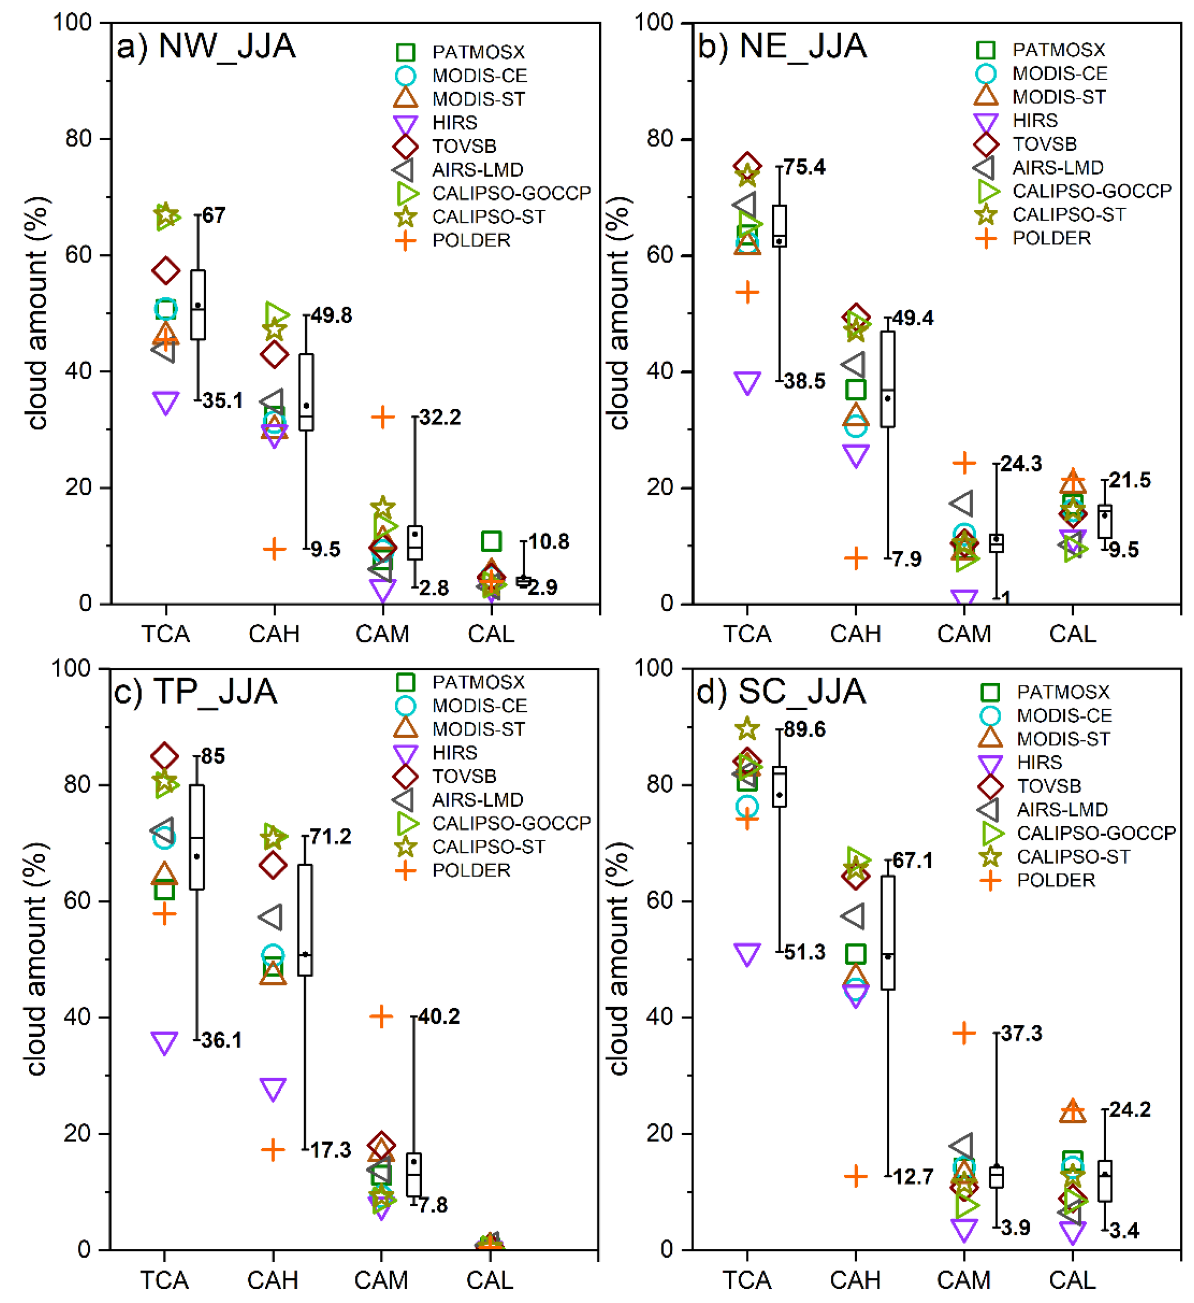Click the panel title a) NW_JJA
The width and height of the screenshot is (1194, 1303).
click(x=205, y=46)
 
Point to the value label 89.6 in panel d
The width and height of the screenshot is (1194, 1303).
click(x=804, y=730)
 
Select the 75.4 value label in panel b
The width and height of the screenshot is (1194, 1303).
click(x=804, y=167)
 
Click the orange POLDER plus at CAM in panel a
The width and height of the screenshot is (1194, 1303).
click(x=382, y=417)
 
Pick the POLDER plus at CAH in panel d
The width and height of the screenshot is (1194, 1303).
click(x=855, y=1176)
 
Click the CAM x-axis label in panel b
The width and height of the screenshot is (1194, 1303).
click(x=964, y=634)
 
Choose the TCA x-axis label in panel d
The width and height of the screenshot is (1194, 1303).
click(x=747, y=1280)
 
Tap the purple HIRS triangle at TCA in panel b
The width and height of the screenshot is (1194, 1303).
click(x=747, y=382)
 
